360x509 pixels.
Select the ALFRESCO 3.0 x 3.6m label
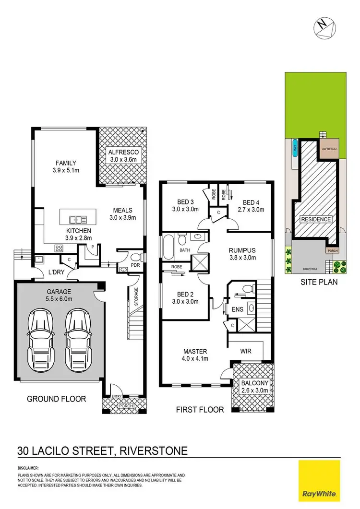tap(122, 156)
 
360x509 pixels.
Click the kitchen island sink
tap(78, 220)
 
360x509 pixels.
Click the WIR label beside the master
tap(245, 351)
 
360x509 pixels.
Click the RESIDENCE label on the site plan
tap(316, 219)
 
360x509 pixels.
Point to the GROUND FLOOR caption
tap(56, 399)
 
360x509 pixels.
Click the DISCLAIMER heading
tap(28, 467)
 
